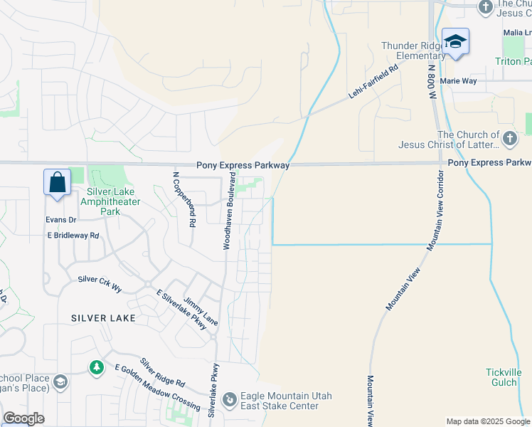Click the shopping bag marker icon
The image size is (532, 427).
pos(57,182)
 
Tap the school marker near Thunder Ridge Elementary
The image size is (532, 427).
pos(454,42)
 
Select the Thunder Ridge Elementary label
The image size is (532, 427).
pos(413,51)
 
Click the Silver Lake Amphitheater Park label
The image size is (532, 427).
pos(113,201)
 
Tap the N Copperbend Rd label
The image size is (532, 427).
pos(183,199)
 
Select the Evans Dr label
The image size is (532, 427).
pos(60,220)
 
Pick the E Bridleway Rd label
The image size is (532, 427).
pos(73,235)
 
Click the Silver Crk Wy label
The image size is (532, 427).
pos(100,283)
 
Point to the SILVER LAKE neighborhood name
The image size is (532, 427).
pos(98,318)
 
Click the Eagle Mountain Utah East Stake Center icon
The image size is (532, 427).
pos(229,400)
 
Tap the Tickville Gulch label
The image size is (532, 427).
pos(504,377)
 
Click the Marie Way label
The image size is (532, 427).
pos(458,81)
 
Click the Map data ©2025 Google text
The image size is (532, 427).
pos(487,421)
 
